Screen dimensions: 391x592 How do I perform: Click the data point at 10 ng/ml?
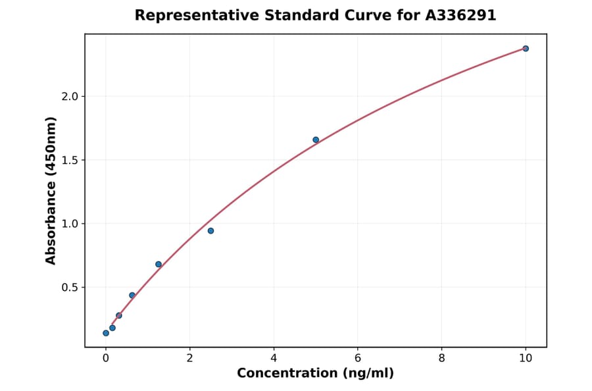click(x=526, y=49)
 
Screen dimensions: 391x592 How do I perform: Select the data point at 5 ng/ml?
click(x=316, y=140)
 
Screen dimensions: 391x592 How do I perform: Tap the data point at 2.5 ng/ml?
click(x=210, y=230)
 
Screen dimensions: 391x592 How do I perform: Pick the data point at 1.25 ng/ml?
click(x=159, y=264)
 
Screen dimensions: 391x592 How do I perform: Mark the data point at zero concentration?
click(x=106, y=333)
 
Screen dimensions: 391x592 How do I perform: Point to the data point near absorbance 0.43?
click(x=132, y=295)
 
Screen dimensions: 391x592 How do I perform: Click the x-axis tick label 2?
click(x=189, y=358)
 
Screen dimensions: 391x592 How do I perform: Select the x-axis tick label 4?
click(x=274, y=358)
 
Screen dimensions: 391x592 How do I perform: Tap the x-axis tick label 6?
click(x=358, y=358)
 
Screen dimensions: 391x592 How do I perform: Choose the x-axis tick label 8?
click(x=441, y=358)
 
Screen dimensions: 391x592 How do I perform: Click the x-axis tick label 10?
click(x=526, y=358)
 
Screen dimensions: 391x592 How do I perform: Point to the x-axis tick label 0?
click(x=106, y=358)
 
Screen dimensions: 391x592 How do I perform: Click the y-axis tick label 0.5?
click(x=69, y=288)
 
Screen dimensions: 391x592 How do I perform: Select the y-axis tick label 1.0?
click(x=69, y=224)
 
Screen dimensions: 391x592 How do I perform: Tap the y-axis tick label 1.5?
click(x=69, y=160)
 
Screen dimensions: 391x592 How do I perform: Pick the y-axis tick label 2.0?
click(x=69, y=97)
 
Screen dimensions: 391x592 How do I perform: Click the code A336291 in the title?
click(x=460, y=15)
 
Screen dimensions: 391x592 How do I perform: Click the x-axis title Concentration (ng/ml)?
click(x=315, y=373)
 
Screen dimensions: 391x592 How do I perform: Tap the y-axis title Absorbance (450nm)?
click(x=51, y=190)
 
